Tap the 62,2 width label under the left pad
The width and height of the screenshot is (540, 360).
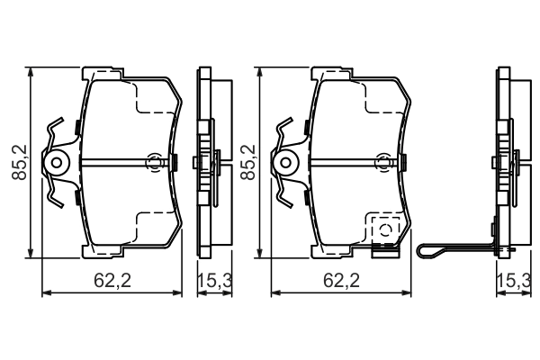coord(113,281)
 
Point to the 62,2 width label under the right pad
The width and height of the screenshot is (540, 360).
coord(342,281)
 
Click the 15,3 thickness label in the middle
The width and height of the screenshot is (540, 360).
coord(215,281)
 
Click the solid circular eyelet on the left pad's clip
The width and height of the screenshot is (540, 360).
coord(58,163)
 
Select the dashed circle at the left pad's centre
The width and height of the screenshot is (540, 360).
coord(154,163)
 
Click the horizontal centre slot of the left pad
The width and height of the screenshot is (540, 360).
coord(117,163)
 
